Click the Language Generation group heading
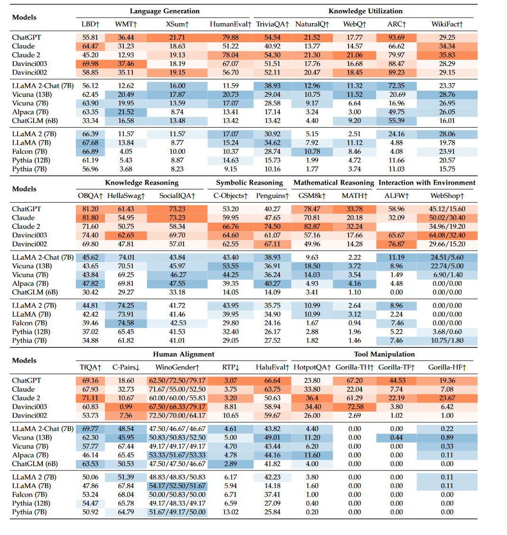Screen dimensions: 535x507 165,11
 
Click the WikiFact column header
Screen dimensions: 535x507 447,24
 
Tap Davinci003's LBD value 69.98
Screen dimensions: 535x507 90,64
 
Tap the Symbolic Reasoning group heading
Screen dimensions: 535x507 249,182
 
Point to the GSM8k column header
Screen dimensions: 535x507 312,196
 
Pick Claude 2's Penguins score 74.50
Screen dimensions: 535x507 272,226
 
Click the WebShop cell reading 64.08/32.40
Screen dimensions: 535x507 447,235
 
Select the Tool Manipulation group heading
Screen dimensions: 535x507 384,354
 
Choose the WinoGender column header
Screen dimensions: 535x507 177,367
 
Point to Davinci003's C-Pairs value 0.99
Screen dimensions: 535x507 126,407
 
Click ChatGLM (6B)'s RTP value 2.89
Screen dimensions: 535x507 230,464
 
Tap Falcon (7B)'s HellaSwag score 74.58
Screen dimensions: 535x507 126,323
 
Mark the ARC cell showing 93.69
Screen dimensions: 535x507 396,38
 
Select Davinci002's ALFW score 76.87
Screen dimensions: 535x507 396,244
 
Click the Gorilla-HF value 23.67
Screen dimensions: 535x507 447,398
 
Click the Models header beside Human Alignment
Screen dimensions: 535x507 24,360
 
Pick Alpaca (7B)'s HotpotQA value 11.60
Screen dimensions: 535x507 312,455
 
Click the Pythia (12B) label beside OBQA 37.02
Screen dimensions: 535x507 29,332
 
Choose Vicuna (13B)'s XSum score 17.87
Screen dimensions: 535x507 177,94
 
